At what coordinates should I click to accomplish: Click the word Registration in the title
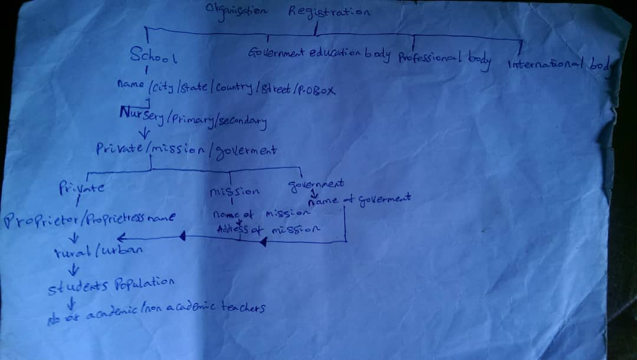pos(329,12)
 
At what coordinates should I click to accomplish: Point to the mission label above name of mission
pos(234,192)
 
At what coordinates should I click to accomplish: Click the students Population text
pos(111,287)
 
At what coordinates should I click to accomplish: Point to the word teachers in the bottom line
pos(243,307)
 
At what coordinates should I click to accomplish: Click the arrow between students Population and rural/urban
pos(74,270)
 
